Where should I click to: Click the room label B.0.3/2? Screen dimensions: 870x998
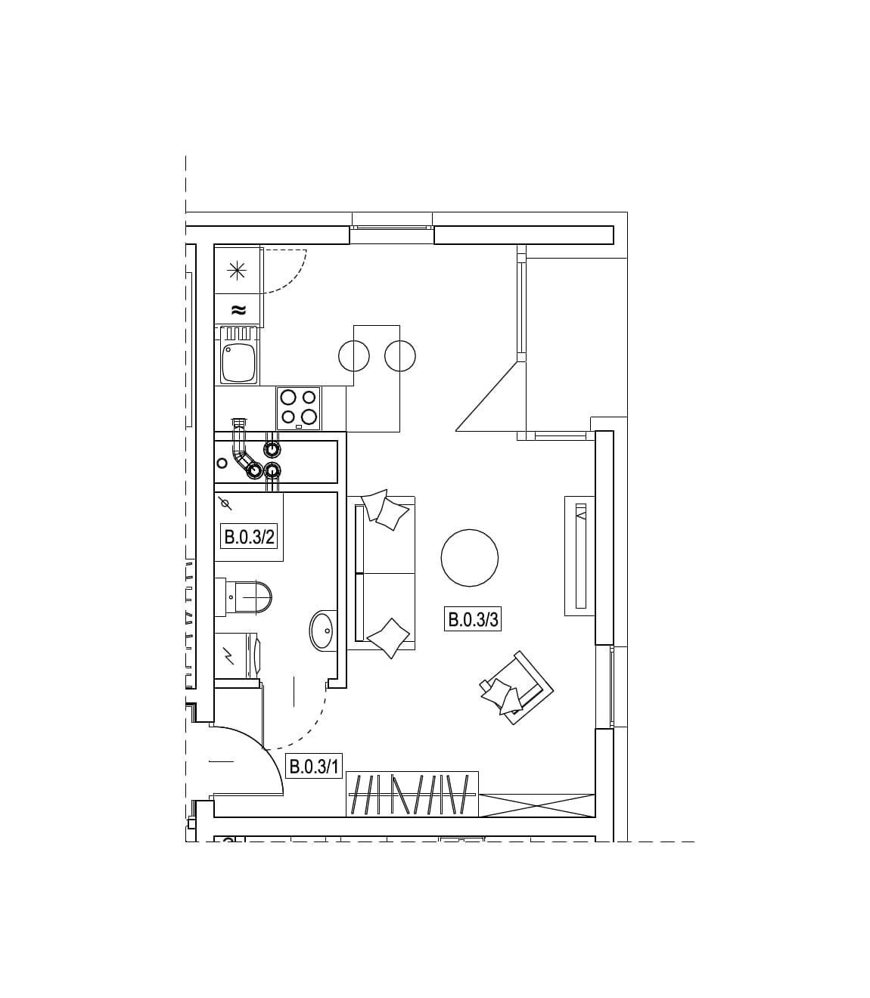click(x=249, y=538)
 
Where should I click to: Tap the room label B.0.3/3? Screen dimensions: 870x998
click(x=472, y=619)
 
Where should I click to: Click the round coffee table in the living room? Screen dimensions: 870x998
click(x=469, y=558)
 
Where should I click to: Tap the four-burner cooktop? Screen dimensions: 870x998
click(x=299, y=408)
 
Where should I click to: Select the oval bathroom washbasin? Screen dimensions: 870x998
click(x=322, y=631)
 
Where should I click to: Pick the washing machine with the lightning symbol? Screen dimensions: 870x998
click(x=238, y=656)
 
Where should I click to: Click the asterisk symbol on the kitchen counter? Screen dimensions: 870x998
click(x=237, y=270)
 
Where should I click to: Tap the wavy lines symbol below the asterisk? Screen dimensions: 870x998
click(x=238, y=309)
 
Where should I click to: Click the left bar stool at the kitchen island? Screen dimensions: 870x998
click(x=354, y=355)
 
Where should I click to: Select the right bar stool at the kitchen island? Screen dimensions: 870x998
click(x=400, y=355)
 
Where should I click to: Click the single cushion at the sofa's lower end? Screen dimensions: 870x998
click(x=388, y=637)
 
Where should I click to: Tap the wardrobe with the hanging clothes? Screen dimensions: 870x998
click(x=412, y=794)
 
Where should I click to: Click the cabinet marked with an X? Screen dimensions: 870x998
click(x=536, y=805)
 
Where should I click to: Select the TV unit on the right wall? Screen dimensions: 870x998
click(x=579, y=556)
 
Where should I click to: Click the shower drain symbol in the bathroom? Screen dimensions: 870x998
click(x=225, y=503)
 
